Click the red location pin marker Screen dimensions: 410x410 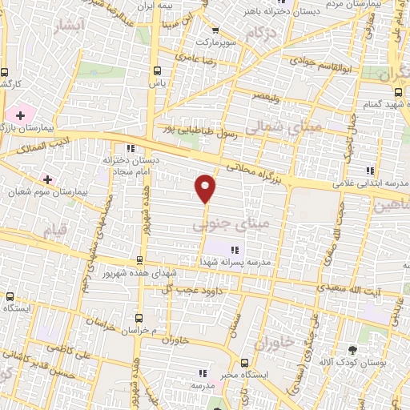point(206,188)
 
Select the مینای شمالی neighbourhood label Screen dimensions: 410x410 point(248,128)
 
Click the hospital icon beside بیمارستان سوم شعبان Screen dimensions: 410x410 point(47,179)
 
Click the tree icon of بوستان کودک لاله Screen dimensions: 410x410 point(353,349)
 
